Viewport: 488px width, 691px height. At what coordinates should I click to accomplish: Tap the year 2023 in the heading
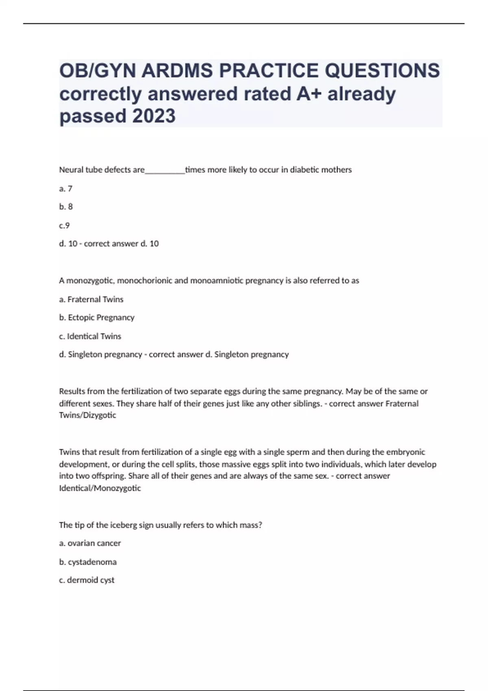[154, 116]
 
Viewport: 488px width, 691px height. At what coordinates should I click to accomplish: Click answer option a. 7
[66, 189]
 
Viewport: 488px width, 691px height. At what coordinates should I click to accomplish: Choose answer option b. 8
[66, 207]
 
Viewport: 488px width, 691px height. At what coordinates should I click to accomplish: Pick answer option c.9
[65, 226]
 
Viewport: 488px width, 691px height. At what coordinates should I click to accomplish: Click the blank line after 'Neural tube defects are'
[165, 170]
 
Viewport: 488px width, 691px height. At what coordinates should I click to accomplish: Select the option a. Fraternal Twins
[91, 300]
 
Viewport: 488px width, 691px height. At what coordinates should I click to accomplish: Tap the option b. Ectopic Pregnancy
[97, 317]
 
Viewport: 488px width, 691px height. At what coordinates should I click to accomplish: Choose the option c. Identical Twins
[90, 337]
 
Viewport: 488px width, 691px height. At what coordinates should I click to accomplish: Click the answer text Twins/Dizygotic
[87, 415]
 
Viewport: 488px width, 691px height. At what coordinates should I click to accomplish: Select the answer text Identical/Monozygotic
[100, 488]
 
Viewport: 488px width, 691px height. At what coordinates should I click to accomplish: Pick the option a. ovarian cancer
[90, 543]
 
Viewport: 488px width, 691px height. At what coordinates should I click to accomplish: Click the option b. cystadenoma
[88, 562]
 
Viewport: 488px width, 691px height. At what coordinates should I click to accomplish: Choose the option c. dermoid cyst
[87, 580]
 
